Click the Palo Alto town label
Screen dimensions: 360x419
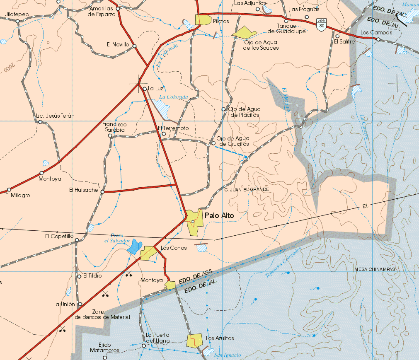tap(219, 215)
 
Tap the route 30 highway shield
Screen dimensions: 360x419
tap(322, 24)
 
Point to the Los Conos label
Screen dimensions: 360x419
tap(174, 248)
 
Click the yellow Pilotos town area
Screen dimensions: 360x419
tap(203, 19)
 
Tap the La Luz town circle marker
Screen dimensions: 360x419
tap(144, 89)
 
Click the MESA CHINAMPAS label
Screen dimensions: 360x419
tap(375, 269)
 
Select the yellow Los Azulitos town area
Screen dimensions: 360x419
tap(194, 341)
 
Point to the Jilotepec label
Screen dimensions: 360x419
tap(17, 14)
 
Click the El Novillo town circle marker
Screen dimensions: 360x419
tap(135, 46)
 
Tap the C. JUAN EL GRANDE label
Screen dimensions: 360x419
tap(247, 189)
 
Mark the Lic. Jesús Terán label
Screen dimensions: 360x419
tap(55, 116)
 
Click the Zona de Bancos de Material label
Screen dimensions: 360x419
tap(102, 314)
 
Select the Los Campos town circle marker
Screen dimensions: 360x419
tap(378, 39)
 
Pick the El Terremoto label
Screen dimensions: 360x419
tap(173, 128)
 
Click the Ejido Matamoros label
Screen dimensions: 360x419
tap(104, 348)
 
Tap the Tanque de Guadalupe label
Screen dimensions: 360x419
tap(286, 29)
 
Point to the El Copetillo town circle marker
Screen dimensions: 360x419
tap(77, 239)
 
